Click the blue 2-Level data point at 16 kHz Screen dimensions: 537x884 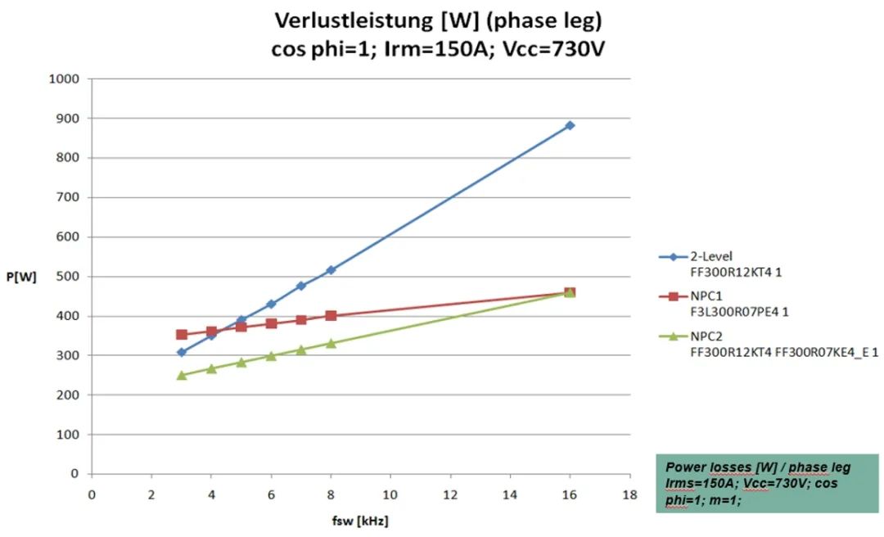click(x=570, y=125)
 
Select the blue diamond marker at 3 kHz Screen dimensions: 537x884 click(x=182, y=352)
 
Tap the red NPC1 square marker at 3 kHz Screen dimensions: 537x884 click(x=182, y=335)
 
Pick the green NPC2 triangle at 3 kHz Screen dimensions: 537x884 click(x=182, y=375)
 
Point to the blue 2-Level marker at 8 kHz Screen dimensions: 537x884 click(x=331, y=270)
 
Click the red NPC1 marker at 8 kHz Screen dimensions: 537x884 click(x=331, y=315)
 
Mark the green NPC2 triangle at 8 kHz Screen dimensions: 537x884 click(x=331, y=343)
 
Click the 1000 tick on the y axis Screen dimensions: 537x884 click(x=65, y=79)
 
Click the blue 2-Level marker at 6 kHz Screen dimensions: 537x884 click(x=271, y=304)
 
